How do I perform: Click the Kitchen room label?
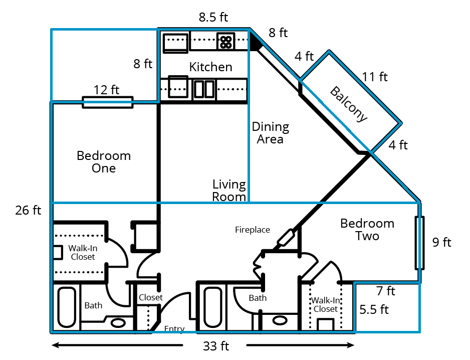pos(210,67)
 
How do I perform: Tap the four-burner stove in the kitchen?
pos(225,42)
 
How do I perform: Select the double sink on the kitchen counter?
pos(204,89)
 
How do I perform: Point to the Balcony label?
pos(349,104)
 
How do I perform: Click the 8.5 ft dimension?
pos(213,18)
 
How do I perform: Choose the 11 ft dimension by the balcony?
pos(375,77)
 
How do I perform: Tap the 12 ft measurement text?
pos(107,90)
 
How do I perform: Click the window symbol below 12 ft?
pos(107,102)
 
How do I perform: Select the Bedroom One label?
pos(104,162)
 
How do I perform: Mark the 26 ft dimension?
pos(28,210)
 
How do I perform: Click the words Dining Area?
pos(271,133)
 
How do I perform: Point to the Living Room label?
pos(229,191)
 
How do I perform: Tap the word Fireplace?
pos(253,230)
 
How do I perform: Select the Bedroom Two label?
pos(367,229)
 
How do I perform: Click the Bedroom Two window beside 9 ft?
pos(419,243)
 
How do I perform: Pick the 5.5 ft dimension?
pos(374,309)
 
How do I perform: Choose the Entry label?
pos(174,329)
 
